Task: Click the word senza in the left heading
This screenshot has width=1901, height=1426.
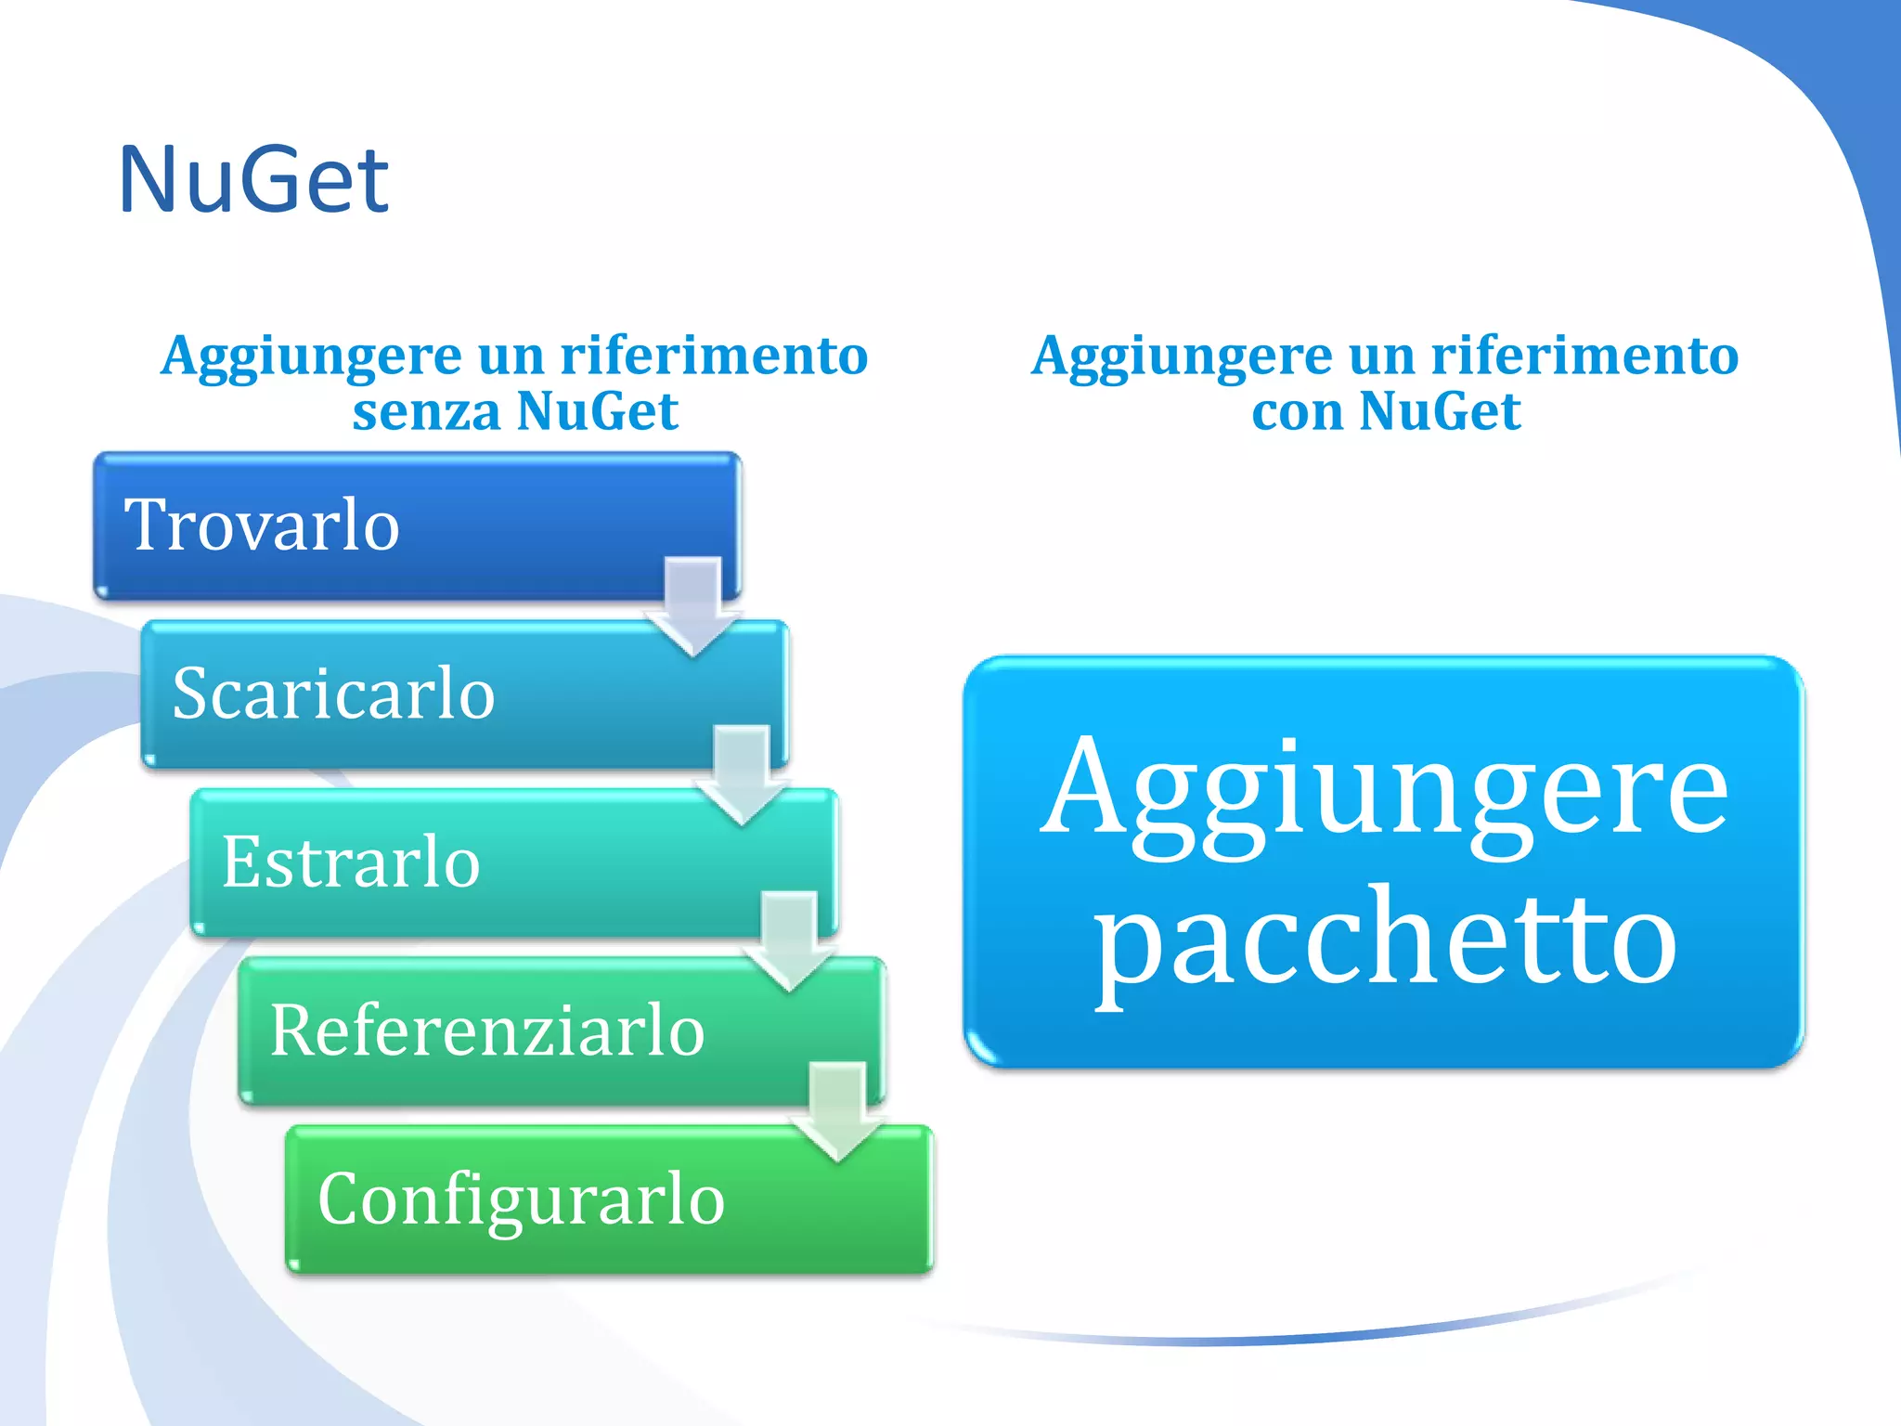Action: click(426, 411)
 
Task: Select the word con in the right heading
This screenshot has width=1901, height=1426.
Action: click(1297, 411)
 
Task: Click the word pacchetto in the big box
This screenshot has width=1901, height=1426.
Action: click(1385, 942)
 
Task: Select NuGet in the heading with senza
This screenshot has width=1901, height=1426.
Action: click(597, 411)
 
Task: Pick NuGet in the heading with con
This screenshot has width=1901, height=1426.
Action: click(1439, 411)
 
